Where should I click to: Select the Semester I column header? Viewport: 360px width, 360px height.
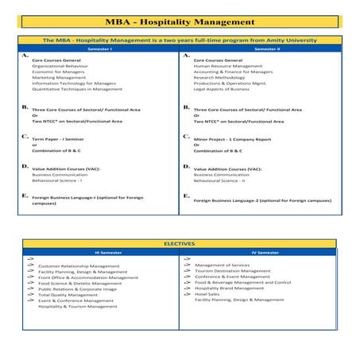pyautogui.click(x=99, y=48)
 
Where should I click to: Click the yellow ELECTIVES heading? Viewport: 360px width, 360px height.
pyautogui.click(x=179, y=243)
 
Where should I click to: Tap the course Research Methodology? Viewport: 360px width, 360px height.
pyautogui.click(x=223, y=77)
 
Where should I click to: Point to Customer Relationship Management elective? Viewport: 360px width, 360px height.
pyautogui.click(x=79, y=265)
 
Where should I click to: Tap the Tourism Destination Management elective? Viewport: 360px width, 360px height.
pyautogui.click(x=234, y=270)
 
